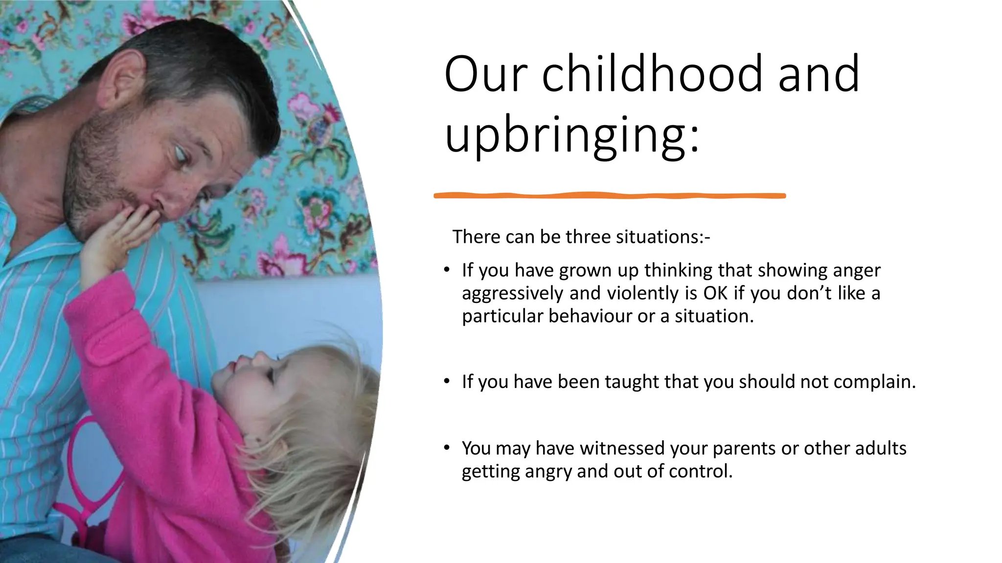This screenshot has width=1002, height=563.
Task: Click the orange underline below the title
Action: (610, 195)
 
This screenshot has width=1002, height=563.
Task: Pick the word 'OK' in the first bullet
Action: (716, 293)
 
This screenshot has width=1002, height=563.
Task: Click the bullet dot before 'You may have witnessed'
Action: (447, 448)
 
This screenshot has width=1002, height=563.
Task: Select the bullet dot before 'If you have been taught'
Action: (447, 381)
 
